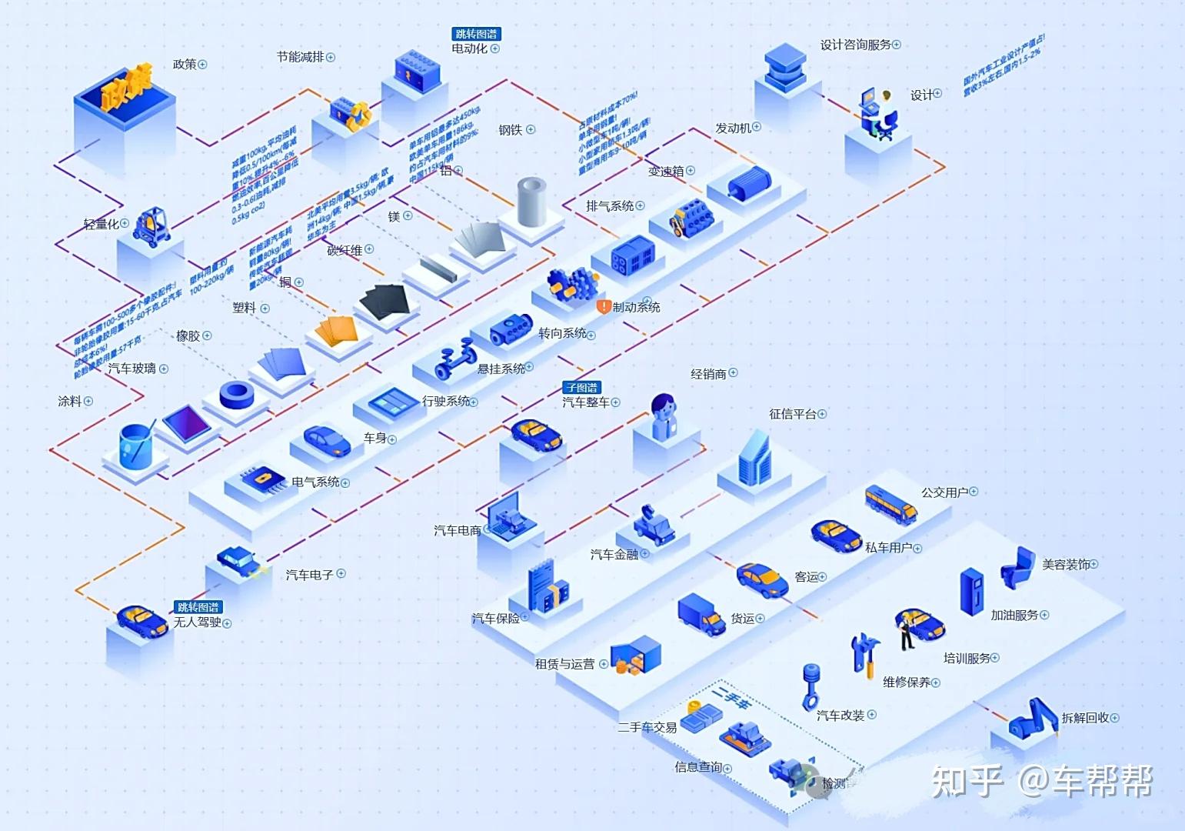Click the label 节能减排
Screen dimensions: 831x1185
[301, 57]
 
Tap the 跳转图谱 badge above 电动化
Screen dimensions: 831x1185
[476, 34]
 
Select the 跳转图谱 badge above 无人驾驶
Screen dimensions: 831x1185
[198, 607]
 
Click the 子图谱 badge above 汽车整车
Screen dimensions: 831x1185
[581, 388]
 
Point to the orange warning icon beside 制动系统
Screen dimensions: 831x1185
[604, 306]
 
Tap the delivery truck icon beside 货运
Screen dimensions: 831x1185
[701, 613]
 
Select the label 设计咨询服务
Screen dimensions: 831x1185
[855, 45]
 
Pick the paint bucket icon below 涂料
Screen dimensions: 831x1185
[138, 446]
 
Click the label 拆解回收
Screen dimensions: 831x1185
[1085, 718]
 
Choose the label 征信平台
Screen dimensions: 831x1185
[792, 414]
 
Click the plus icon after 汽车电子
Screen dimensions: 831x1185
[341, 573]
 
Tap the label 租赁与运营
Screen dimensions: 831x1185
[564, 664]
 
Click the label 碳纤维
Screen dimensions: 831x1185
[345, 250]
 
